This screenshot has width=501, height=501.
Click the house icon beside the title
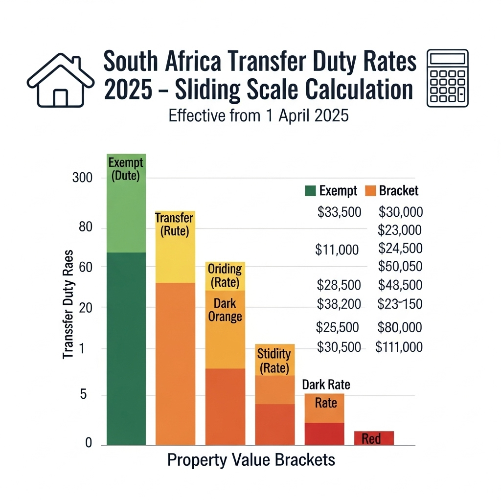(x=61, y=80)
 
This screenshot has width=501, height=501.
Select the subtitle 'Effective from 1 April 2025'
(x=258, y=116)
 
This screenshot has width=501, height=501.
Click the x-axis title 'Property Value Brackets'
(x=251, y=460)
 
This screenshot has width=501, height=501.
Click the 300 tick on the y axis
(x=82, y=178)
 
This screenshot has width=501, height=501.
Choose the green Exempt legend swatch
(x=310, y=191)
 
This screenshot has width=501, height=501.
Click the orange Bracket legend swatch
(x=370, y=191)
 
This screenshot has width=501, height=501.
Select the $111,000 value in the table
(x=399, y=347)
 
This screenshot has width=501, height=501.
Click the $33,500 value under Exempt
(x=339, y=212)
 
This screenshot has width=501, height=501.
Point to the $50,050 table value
(x=400, y=267)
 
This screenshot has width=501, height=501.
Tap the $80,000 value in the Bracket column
(x=400, y=327)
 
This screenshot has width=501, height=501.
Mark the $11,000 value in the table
(x=337, y=250)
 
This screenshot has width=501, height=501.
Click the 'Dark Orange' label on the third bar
(x=225, y=311)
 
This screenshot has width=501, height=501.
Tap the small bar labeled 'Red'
(x=374, y=438)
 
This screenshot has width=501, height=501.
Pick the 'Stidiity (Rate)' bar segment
(x=274, y=360)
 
